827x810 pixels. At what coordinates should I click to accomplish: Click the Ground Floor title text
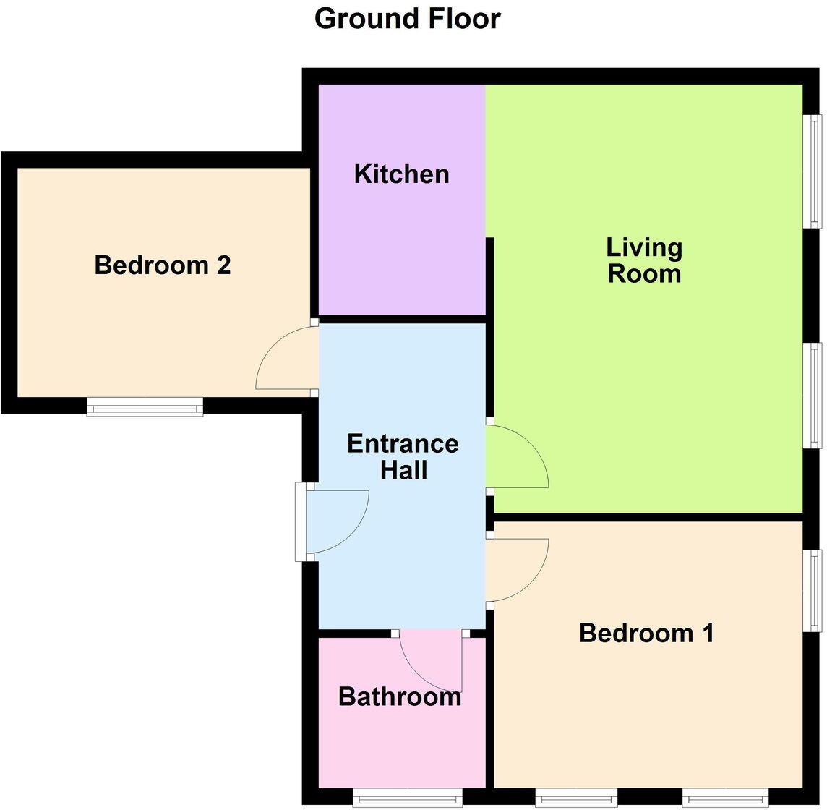click(x=407, y=19)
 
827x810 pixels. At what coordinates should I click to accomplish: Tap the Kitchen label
click(x=401, y=174)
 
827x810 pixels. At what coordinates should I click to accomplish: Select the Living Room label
click(x=643, y=260)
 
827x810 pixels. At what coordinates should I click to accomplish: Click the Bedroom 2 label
click(x=162, y=265)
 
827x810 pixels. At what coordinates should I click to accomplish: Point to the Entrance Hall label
click(x=403, y=456)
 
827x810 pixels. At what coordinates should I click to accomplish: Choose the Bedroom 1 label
click(x=646, y=634)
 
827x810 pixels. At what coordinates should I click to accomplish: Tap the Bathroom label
click(x=400, y=697)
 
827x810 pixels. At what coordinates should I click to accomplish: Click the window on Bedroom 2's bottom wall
click(x=145, y=409)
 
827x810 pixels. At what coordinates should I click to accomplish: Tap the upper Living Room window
click(x=815, y=171)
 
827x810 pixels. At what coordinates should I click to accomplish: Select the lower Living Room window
click(x=815, y=396)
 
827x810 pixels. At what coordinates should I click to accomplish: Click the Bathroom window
click(x=408, y=798)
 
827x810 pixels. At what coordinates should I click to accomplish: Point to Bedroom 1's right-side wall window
click(x=815, y=590)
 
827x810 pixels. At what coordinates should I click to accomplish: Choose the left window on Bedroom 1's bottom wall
click(x=576, y=798)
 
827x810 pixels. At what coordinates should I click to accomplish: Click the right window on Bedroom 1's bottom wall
click(x=722, y=798)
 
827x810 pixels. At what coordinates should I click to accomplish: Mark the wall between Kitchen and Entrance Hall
click(x=402, y=319)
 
